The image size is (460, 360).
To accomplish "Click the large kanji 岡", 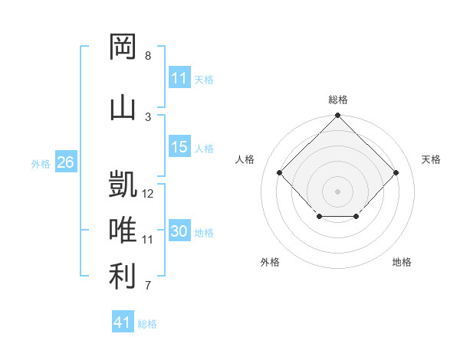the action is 123,46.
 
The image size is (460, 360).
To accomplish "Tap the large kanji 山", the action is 123,108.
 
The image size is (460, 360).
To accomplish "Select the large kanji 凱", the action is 123,184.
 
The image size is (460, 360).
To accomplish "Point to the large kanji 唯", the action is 123,229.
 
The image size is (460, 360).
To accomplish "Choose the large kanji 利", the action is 123,276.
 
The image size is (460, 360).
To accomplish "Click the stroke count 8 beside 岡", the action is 148,55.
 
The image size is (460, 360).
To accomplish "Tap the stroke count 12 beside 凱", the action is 147,194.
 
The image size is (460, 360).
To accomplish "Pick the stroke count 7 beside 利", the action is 148,285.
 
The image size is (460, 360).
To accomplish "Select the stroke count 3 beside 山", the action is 148,117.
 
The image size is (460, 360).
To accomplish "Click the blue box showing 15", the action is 179,146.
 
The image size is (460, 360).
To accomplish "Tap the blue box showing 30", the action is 179,230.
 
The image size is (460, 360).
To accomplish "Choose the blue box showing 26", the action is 66,162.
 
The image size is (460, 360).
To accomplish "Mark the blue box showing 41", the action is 123,321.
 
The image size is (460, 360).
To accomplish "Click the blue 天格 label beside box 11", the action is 204,80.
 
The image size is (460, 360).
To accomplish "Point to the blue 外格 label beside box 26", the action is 41,164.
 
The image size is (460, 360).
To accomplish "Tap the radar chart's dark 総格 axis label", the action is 338,100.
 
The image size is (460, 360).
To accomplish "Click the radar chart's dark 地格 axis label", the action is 402,262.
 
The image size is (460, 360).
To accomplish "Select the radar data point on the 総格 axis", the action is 337,115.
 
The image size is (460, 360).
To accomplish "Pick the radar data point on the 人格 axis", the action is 279,172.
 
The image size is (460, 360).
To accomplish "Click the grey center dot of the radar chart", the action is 337,191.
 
